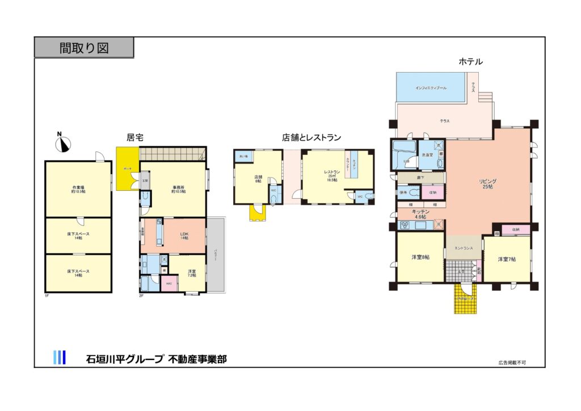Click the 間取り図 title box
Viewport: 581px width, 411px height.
click(84, 48)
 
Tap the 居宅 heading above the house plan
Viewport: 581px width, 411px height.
click(134, 137)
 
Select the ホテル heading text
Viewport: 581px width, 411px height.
click(470, 62)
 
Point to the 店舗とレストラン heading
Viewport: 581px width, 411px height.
click(311, 137)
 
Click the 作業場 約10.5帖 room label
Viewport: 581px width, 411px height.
click(78, 190)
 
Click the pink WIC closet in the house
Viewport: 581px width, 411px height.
click(169, 283)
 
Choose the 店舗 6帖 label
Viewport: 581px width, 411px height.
click(258, 179)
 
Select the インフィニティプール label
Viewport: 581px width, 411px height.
click(431, 88)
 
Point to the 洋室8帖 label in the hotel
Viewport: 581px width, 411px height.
click(420, 258)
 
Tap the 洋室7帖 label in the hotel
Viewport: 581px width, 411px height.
click(507, 259)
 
